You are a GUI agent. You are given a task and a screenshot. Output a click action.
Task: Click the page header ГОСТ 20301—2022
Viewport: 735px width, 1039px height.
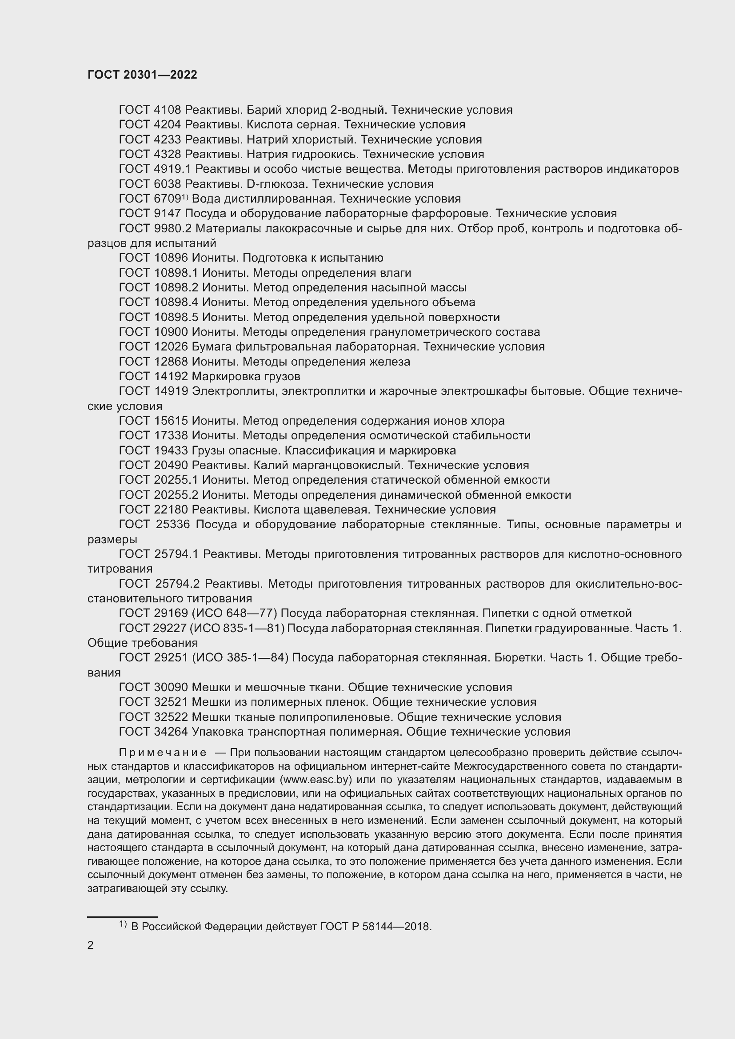(x=142, y=75)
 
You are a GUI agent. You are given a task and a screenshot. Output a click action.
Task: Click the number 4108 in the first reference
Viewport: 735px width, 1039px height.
(x=167, y=110)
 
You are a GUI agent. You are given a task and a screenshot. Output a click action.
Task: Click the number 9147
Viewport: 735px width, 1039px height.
(x=167, y=214)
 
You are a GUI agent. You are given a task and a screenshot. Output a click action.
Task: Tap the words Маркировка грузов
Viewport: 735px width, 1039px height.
(x=246, y=377)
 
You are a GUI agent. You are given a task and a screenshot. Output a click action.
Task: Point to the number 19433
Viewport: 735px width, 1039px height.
(x=167, y=451)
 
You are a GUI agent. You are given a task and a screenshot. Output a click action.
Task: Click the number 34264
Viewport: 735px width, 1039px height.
(x=167, y=732)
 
